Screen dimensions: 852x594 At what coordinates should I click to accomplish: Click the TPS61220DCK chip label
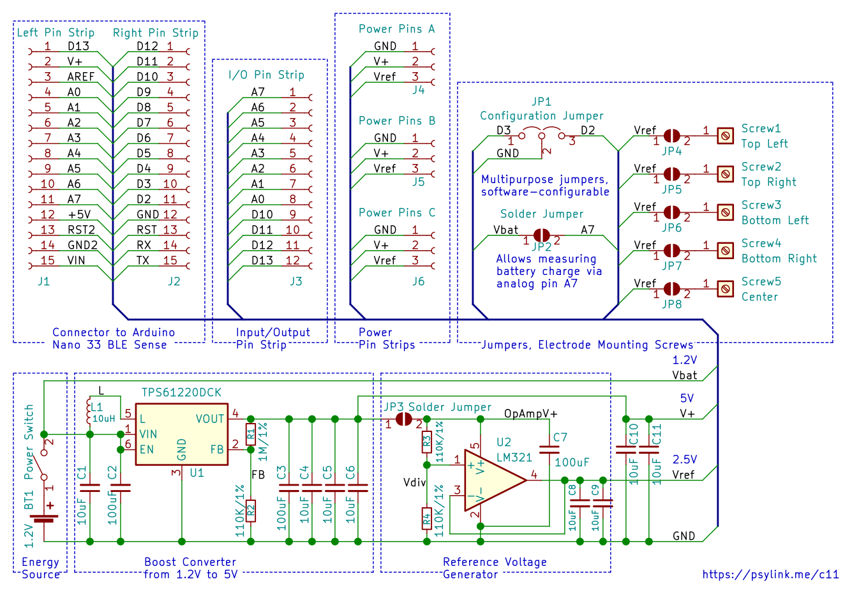(181, 392)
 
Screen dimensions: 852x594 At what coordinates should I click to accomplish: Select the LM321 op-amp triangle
(495, 480)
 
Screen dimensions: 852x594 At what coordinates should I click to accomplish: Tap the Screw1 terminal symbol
(726, 136)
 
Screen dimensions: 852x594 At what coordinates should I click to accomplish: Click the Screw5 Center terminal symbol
(726, 288)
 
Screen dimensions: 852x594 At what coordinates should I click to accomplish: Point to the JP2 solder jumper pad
(542, 235)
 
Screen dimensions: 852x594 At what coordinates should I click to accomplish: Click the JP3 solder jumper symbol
(403, 419)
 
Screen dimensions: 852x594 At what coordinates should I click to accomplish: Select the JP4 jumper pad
(672, 136)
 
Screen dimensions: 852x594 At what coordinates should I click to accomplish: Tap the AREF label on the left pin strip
(80, 77)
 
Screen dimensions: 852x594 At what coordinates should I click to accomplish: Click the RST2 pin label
(81, 230)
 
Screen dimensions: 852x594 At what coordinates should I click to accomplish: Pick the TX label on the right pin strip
(143, 260)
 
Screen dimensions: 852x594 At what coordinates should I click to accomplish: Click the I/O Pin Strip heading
(266, 75)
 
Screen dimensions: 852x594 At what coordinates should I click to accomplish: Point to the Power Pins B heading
(397, 121)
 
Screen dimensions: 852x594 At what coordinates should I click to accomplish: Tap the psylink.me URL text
(770, 574)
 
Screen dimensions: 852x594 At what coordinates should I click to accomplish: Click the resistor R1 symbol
(250, 434)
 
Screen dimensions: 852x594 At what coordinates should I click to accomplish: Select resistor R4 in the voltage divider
(427, 518)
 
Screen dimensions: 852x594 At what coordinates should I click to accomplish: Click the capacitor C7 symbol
(549, 450)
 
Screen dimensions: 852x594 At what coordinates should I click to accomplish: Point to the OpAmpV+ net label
(530, 413)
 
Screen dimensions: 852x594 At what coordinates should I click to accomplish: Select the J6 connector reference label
(419, 281)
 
